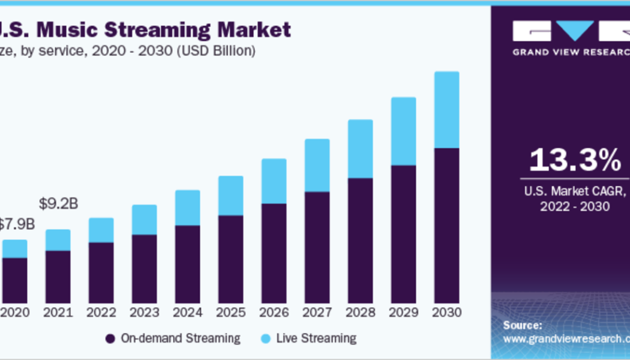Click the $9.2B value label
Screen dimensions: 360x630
click(58, 203)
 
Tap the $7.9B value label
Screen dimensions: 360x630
click(16, 225)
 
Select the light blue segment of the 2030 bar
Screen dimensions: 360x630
click(446, 110)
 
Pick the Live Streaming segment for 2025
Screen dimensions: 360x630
click(230, 196)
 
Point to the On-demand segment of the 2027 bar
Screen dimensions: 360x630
click(317, 247)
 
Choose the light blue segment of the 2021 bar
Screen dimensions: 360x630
click(58, 240)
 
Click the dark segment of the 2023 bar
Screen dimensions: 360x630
click(144, 269)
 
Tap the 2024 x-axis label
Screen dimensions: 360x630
click(187, 313)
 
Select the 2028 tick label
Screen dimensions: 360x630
click(360, 313)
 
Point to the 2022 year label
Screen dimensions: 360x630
click(101, 313)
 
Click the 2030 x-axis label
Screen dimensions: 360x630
click(446, 313)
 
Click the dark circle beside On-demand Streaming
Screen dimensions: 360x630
click(110, 339)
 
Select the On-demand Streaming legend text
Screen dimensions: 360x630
click(181, 338)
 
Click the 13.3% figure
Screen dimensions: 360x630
click(574, 160)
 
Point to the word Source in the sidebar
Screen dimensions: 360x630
click(522, 325)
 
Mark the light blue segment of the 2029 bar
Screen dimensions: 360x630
click(403, 131)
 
